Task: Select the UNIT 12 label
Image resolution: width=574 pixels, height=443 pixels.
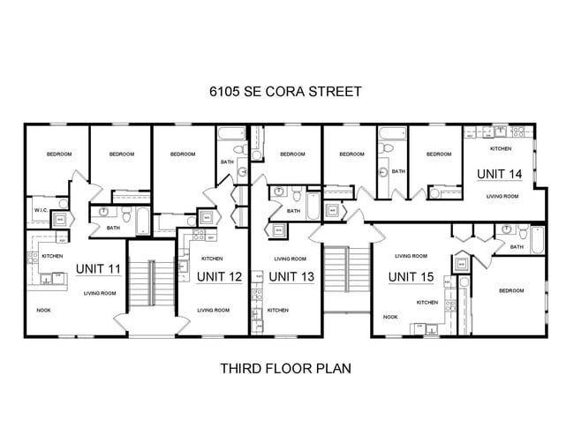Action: tap(219, 276)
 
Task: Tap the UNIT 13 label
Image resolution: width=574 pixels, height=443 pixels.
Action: tap(290, 276)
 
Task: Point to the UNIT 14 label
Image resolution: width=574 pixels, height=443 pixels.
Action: tap(499, 174)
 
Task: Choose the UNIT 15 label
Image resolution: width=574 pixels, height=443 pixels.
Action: tap(411, 277)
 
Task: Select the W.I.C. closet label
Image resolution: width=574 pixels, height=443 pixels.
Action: tap(41, 211)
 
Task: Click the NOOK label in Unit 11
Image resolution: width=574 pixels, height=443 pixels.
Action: tap(43, 311)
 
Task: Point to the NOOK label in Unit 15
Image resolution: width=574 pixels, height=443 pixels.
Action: tap(389, 317)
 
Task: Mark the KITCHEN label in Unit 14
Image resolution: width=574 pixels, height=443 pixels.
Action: tap(501, 148)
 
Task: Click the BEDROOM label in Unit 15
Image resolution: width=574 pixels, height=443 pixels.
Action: tap(510, 290)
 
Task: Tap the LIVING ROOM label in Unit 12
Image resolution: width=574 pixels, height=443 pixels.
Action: tap(213, 310)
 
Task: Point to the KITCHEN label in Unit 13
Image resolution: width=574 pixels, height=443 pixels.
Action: tap(277, 310)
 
